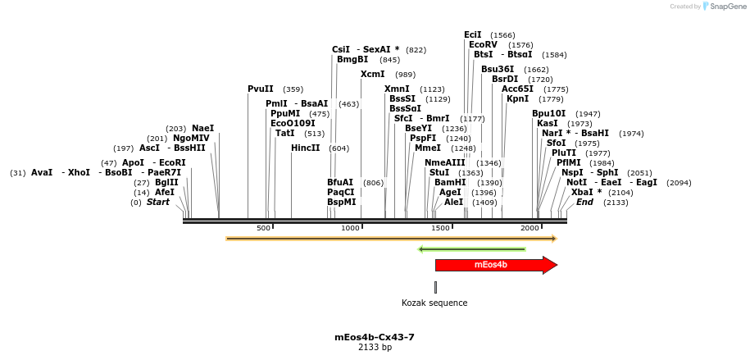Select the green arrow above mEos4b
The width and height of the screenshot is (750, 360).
471,249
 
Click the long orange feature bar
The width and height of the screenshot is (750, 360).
391,239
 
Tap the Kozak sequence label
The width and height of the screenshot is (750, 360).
434,303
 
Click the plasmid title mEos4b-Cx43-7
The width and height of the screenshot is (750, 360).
375,337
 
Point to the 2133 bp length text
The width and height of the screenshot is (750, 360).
375,348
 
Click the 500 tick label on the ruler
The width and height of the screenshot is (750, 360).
264,228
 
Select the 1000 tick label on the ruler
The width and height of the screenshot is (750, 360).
351,228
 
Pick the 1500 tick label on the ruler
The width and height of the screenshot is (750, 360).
441,228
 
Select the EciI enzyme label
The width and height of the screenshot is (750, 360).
473,34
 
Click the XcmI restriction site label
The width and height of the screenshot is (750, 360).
373,74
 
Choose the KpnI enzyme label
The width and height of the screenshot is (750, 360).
518,98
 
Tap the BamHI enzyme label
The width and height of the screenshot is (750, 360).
450,182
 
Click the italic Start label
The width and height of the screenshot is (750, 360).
158,202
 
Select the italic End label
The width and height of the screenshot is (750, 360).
584,202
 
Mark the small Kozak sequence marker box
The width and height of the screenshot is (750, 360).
435,287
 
